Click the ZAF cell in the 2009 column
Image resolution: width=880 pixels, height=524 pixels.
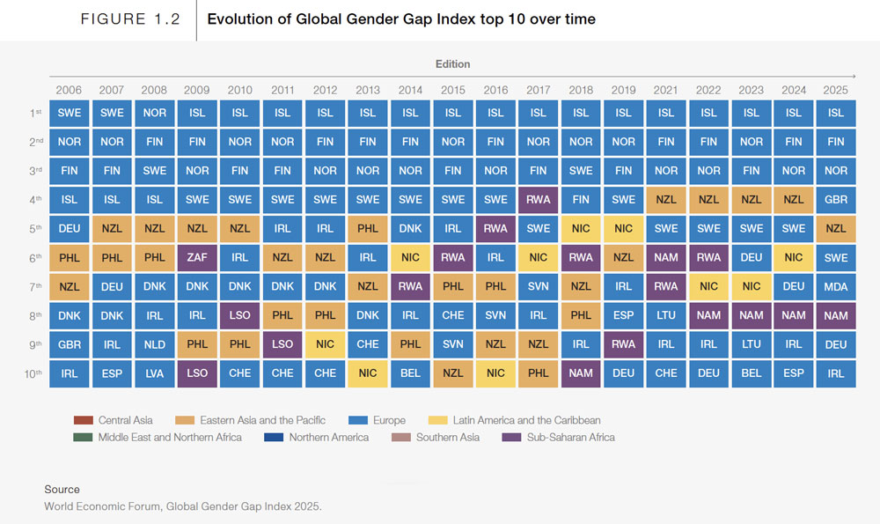pos(197,257)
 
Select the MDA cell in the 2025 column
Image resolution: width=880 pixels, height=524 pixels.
pos(836,286)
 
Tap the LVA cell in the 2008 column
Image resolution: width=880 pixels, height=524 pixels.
pos(154,373)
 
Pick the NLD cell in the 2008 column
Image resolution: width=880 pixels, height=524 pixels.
pos(154,344)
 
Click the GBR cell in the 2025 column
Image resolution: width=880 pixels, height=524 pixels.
pos(836,199)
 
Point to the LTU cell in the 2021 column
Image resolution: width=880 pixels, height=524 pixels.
pos(666,315)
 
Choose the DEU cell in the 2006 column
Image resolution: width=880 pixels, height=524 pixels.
pos(70,228)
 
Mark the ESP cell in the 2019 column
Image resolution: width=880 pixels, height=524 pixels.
pos(623,315)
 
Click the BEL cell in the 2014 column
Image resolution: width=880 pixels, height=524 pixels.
pos(410,373)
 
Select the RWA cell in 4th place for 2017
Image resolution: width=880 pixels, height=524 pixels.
pos(538,199)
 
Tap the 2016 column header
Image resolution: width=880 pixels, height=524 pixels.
pos(495,90)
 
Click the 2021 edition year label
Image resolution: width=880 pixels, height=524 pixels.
pos(666,90)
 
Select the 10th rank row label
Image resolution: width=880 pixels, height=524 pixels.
pos(33,373)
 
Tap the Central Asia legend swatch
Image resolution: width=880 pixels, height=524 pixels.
pos(84,420)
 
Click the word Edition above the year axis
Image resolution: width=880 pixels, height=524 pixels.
pos(452,64)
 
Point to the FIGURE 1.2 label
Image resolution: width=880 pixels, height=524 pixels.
pos(130,19)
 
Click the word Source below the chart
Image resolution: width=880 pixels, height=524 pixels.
pos(62,489)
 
